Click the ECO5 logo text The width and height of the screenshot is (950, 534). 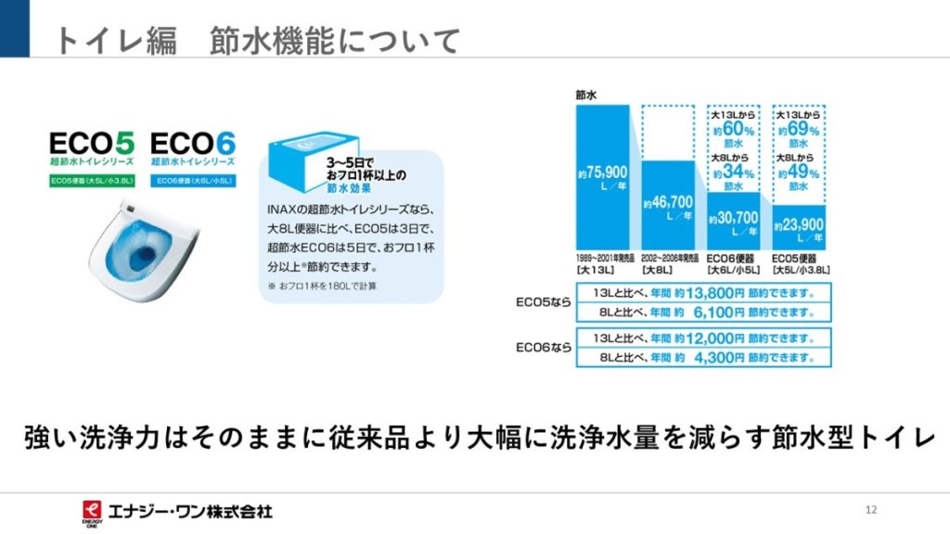coord(92,144)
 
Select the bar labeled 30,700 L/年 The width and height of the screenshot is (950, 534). coord(734,221)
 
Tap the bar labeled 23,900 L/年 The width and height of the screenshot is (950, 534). coord(799,227)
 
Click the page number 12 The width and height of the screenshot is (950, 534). coord(870,510)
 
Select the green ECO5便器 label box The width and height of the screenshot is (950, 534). coord(92,181)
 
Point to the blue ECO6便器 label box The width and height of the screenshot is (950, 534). coord(192,181)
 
